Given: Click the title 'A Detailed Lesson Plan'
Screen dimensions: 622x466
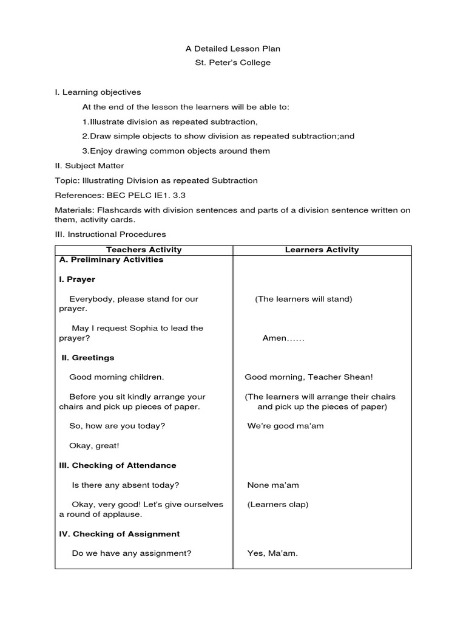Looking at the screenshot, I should click(232, 49).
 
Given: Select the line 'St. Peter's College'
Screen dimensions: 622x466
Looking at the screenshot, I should click(232, 63).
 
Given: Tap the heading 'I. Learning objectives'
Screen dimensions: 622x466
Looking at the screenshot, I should click(98, 92).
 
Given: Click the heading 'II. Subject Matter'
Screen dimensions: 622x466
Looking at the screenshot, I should click(89, 166).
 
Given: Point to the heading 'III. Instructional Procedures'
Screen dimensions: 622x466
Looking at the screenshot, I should click(110, 234).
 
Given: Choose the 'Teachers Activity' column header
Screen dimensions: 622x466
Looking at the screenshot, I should click(144, 250).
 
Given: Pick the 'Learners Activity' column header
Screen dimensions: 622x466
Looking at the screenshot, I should click(322, 250).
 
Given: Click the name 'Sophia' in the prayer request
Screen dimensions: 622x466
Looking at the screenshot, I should click(143, 328).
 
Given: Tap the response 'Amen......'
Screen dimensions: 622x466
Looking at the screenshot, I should click(283, 338).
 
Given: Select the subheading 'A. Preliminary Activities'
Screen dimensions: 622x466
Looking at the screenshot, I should click(111, 259).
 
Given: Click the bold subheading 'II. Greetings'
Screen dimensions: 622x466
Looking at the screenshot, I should click(88, 358).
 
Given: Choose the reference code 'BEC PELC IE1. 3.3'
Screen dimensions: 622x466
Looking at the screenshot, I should click(143, 195).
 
